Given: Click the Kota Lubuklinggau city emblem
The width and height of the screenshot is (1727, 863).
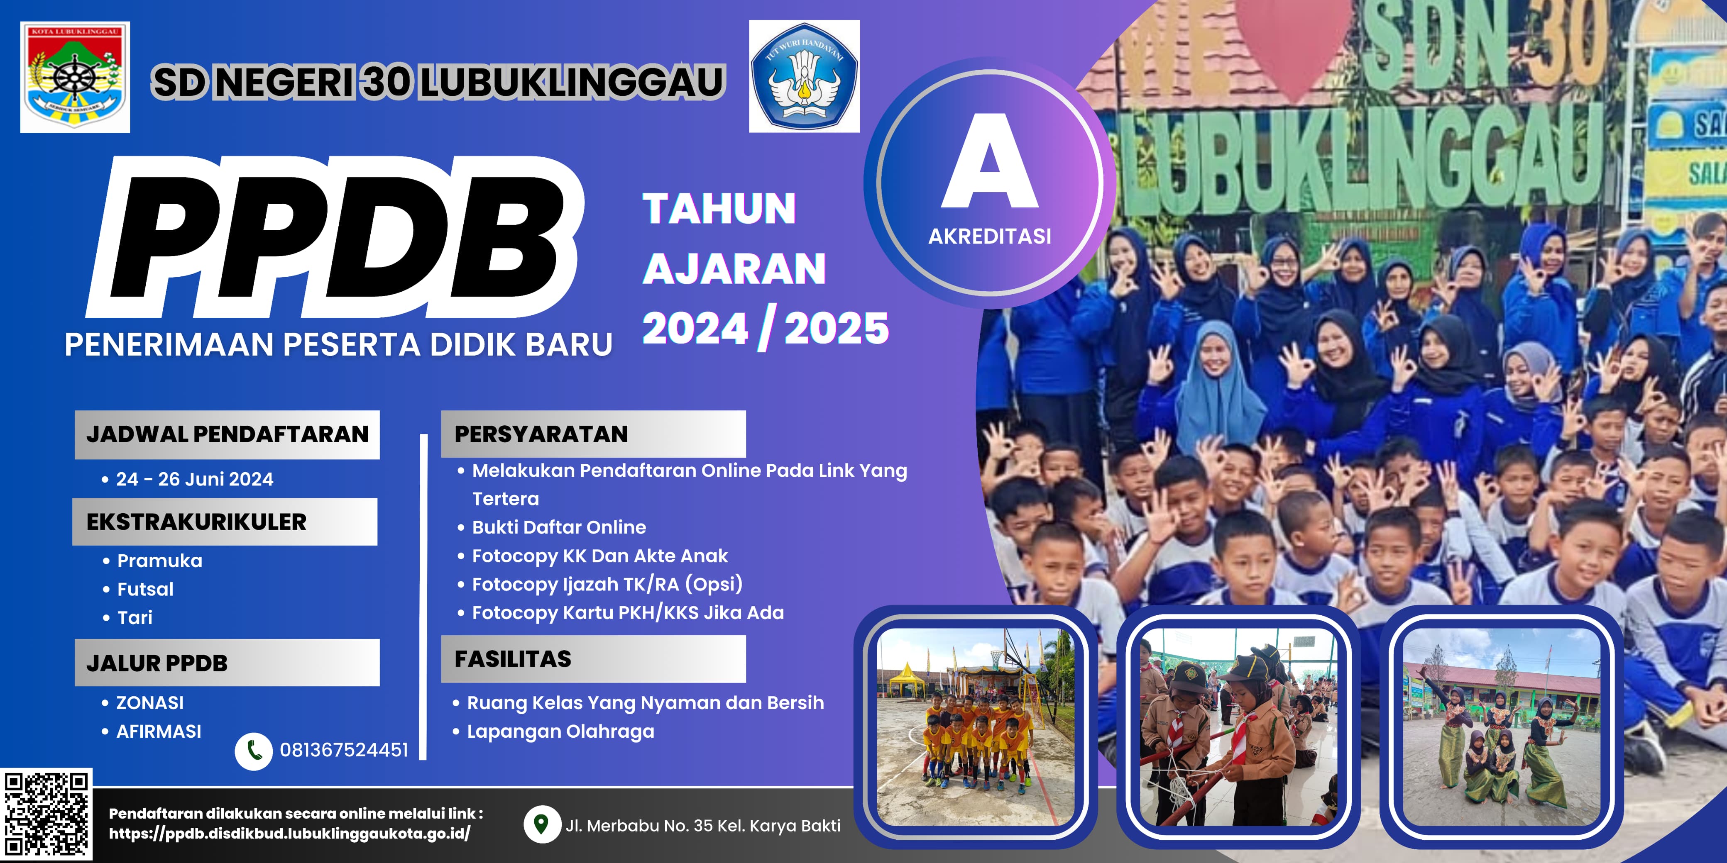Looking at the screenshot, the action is (x=75, y=77).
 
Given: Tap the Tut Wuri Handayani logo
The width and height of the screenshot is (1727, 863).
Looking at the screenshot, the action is (x=804, y=76).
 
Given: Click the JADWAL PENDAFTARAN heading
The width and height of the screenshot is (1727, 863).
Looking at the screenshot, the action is (x=227, y=434).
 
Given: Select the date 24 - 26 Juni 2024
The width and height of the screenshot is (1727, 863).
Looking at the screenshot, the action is (x=194, y=479).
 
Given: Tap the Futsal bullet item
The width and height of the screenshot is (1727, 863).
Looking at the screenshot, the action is (x=145, y=589).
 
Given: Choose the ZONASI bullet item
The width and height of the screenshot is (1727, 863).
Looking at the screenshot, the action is (x=149, y=703).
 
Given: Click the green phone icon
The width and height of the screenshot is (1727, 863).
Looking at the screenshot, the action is (x=253, y=751).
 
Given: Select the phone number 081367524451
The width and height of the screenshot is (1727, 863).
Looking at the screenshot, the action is (x=344, y=750).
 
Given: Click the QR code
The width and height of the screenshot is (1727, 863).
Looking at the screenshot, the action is (x=46, y=815).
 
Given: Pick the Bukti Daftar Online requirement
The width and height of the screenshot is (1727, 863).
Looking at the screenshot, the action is (x=559, y=527).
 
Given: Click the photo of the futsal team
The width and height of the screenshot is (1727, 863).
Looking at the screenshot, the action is (x=976, y=727).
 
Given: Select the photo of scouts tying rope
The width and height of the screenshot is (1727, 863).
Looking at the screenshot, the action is (x=1238, y=727).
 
